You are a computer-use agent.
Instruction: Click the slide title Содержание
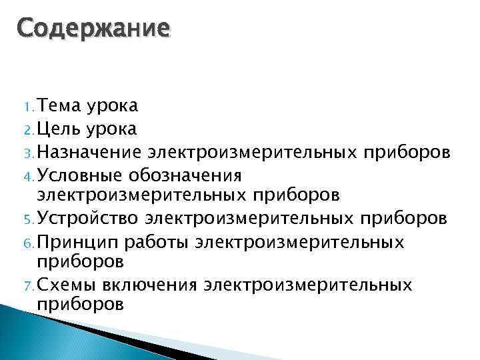(94, 30)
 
